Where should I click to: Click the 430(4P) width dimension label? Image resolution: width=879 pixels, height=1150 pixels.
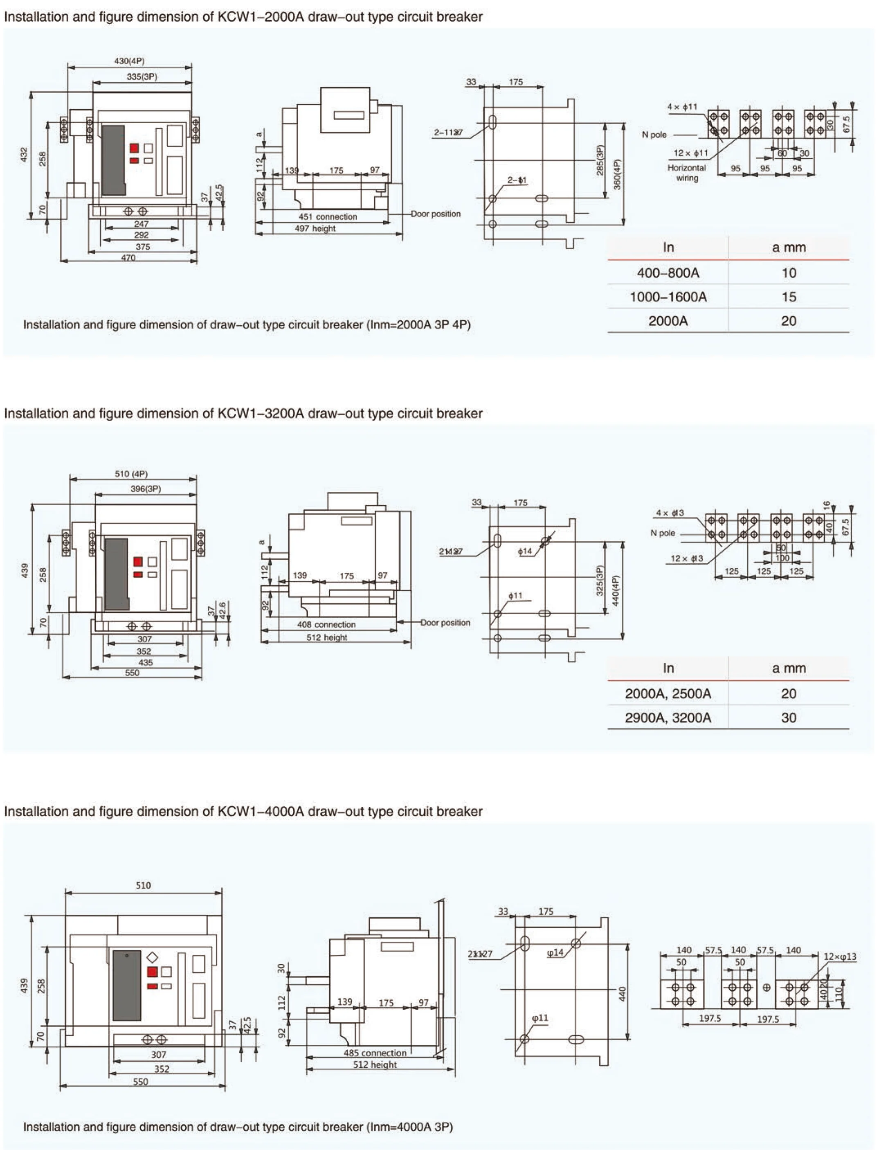coord(129,61)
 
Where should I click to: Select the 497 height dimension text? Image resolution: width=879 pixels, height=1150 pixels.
coord(315,229)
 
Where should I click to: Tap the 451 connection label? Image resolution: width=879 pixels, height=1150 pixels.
coord(328,216)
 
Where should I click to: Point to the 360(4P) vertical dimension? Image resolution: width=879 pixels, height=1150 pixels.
coord(617,174)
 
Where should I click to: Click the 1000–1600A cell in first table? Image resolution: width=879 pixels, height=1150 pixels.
coord(668,297)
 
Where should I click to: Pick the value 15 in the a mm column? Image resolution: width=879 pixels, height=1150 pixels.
coord(789,297)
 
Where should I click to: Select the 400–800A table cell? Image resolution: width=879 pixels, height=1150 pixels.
coord(668,272)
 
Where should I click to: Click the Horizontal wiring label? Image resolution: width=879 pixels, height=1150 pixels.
coord(686,173)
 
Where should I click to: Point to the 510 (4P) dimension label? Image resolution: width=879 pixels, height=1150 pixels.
coord(131,474)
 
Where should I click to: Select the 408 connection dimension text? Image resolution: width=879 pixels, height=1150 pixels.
coord(326,625)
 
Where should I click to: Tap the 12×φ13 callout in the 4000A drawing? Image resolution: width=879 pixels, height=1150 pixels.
coord(840,956)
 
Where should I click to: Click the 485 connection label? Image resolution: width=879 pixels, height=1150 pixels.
coord(375,1053)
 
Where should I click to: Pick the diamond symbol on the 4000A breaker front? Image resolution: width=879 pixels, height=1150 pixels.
coord(152,957)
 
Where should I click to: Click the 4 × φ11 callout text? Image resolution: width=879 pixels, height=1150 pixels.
coord(682,107)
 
